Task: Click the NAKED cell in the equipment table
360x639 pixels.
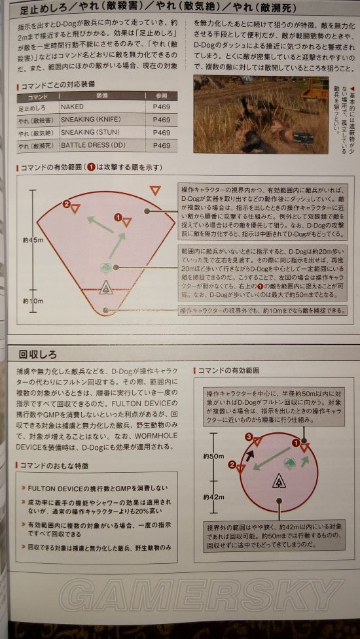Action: coord(72,107)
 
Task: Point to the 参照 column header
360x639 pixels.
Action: coord(161,95)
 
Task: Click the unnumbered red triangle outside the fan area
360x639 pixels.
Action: coord(154,190)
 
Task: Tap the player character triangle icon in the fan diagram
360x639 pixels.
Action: coord(104,286)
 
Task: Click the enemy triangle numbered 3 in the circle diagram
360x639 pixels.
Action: coord(258,440)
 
